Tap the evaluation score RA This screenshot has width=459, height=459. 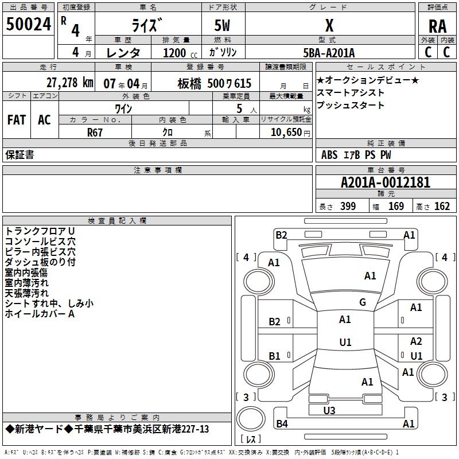[x=437, y=26]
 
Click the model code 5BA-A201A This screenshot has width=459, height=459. [x=329, y=53]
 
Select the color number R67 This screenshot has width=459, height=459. [x=95, y=131]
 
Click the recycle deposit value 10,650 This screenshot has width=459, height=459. [x=286, y=132]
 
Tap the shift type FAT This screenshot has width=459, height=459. [x=17, y=119]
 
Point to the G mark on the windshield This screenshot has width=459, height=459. [x=362, y=302]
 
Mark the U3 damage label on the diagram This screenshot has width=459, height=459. [x=329, y=410]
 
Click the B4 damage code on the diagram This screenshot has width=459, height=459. [x=281, y=424]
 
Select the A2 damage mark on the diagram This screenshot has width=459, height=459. [x=416, y=341]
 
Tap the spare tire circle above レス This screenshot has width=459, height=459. [x=251, y=417]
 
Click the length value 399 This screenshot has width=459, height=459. [x=348, y=207]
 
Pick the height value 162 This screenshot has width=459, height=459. [x=442, y=207]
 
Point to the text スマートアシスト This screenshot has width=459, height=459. [x=351, y=93]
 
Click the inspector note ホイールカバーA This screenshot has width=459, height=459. [x=40, y=314]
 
